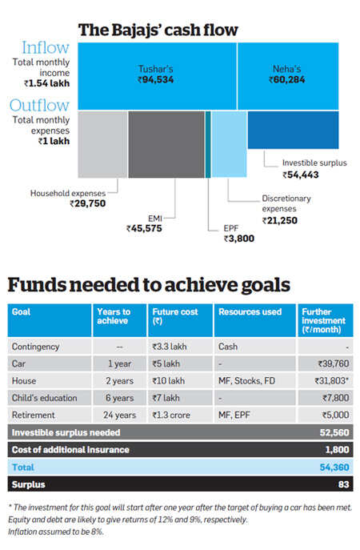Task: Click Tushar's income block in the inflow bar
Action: [x=157, y=76]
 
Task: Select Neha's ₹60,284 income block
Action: [x=288, y=76]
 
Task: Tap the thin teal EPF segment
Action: [x=208, y=144]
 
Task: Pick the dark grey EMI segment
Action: [x=166, y=144]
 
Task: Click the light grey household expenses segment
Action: [x=102, y=144]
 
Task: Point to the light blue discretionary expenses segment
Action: [x=230, y=144]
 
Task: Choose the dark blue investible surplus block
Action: [x=294, y=130]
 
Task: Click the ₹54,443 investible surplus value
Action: [x=301, y=175]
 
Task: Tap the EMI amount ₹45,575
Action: [x=144, y=229]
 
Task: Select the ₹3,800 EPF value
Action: [x=239, y=239]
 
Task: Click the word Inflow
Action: [x=46, y=48]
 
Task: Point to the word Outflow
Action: [x=40, y=105]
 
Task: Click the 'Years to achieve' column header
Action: [x=114, y=316]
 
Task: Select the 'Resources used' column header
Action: [x=250, y=312]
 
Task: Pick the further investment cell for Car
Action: [x=334, y=363]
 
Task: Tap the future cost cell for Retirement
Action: [x=171, y=415]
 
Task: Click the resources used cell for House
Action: [x=246, y=381]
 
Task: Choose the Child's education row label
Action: [x=45, y=398]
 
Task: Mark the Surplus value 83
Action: [x=343, y=485]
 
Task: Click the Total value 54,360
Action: [x=334, y=468]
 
